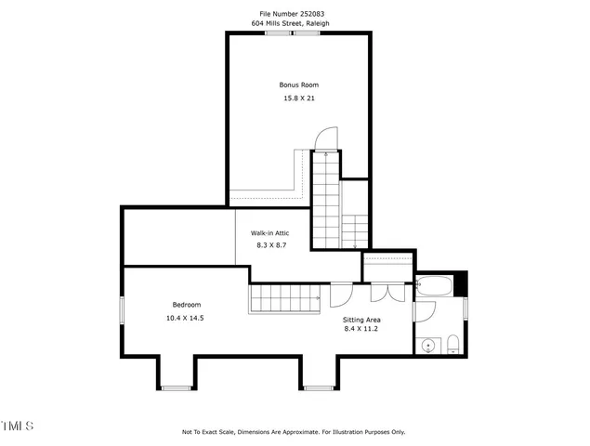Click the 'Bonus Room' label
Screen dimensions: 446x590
[298, 85]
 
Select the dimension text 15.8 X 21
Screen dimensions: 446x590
[298, 98]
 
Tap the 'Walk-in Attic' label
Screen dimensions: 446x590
[269, 233]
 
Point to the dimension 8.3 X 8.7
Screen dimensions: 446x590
[269, 245]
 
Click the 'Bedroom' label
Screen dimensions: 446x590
[186, 305]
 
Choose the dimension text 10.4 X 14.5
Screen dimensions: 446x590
[186, 318]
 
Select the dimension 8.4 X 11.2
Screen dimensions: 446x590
[362, 328]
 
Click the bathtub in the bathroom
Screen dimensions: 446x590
[435, 285]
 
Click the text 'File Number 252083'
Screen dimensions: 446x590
[293, 14]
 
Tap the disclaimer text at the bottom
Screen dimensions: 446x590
[294, 432]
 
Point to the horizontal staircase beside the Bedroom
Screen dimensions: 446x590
[283, 299]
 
